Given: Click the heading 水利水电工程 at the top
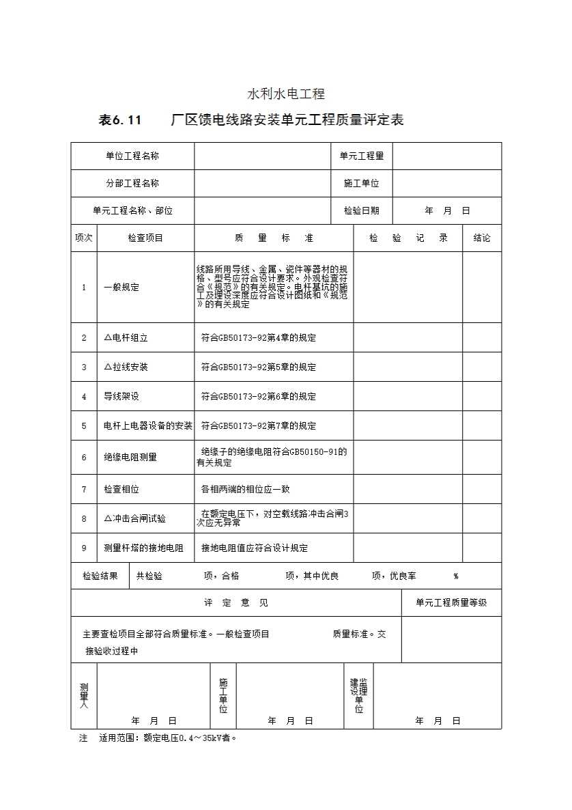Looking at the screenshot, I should (285, 94).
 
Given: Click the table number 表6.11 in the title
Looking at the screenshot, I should (119, 121).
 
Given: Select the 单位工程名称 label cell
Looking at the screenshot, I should (132, 156).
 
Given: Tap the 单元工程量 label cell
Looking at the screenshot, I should (362, 156).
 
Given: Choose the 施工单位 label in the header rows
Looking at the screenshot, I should (362, 183).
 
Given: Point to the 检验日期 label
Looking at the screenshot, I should (362, 210).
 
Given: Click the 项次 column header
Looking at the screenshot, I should (83, 238).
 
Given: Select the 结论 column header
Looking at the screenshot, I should (482, 238).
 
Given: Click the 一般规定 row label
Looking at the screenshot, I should (121, 288).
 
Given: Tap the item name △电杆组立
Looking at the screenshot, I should (126, 337).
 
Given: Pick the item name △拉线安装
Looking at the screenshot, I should (126, 367).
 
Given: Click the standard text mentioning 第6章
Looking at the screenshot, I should (259, 396).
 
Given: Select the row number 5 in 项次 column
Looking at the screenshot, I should (84, 425).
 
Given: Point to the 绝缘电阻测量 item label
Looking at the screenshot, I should (130, 457).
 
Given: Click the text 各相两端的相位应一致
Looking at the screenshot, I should (246, 490).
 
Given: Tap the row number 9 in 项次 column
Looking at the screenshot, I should (84, 548).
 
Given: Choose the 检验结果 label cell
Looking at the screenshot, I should (100, 576).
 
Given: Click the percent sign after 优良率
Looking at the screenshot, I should (455, 576).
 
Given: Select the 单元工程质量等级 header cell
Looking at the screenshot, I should (451, 602).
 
